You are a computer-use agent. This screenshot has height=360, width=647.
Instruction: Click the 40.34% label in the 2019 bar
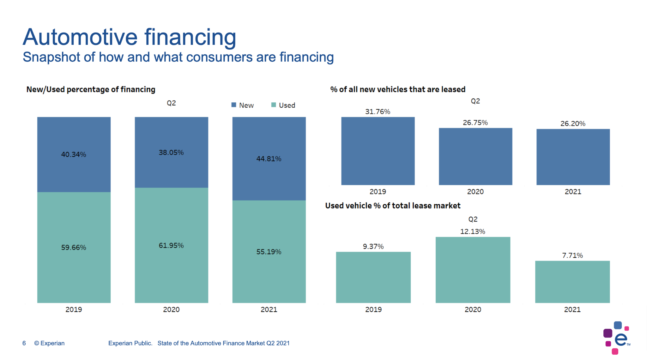point(74,154)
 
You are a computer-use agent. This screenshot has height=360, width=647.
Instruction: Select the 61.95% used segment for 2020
point(171,245)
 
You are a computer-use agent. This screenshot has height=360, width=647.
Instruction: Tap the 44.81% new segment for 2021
point(269,159)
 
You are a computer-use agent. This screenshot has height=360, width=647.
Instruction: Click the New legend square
point(234,105)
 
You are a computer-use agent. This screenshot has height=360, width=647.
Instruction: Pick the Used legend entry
point(283,105)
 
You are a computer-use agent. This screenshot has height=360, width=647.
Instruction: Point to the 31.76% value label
point(378,111)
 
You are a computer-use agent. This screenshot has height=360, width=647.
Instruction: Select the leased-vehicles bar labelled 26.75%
point(475,156)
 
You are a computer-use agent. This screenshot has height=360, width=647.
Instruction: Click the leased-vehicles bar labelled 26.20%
point(573,157)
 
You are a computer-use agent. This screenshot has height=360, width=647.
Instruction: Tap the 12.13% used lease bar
point(473,270)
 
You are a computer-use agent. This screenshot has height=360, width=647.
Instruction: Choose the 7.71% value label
point(572,255)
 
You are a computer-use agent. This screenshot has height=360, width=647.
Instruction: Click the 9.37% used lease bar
point(373,277)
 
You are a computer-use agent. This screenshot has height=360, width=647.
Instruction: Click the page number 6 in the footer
point(24,343)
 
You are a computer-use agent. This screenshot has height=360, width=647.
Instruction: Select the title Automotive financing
point(129,37)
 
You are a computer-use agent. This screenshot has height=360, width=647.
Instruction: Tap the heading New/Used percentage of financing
point(91,89)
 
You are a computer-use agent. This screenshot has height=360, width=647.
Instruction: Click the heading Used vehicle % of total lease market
point(393,206)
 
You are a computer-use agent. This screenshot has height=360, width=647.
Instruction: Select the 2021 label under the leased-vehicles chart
point(573,192)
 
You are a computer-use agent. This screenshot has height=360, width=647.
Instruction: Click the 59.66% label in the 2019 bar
point(74,247)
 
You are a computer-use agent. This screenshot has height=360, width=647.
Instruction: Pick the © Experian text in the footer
point(49,343)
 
